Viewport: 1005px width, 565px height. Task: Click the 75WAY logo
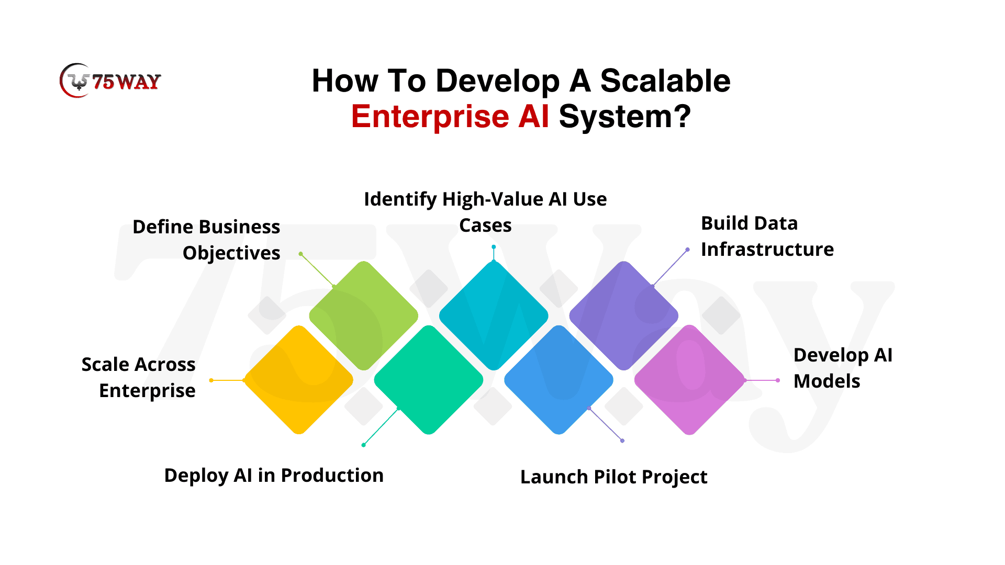pos(110,81)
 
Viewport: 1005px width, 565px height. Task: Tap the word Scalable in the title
pos(665,81)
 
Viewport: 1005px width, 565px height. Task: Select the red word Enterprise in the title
pos(430,117)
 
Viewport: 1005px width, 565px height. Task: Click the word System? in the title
pos(625,117)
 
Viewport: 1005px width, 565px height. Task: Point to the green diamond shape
pos(364,315)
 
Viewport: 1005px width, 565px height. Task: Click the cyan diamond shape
pos(494,315)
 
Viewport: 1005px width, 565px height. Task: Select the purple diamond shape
pos(623,315)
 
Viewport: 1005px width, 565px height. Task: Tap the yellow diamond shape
pos(298,380)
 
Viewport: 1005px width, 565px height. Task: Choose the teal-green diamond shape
pos(429,380)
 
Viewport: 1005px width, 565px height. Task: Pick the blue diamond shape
pos(559,380)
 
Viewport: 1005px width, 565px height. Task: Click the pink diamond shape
pos(689,380)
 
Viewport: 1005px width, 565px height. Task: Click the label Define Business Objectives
pos(206,240)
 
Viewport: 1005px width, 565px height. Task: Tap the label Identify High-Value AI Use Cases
pos(485,212)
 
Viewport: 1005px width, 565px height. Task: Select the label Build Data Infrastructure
pos(767,236)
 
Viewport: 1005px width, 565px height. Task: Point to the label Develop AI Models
pos(843,368)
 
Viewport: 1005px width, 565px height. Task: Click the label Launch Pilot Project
pos(613,477)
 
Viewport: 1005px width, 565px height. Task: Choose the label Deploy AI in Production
pos(274,475)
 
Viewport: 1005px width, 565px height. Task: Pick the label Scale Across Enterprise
pos(138,377)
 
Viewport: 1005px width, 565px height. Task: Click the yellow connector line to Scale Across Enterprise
pos(228,380)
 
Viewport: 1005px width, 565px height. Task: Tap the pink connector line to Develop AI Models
pos(762,380)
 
